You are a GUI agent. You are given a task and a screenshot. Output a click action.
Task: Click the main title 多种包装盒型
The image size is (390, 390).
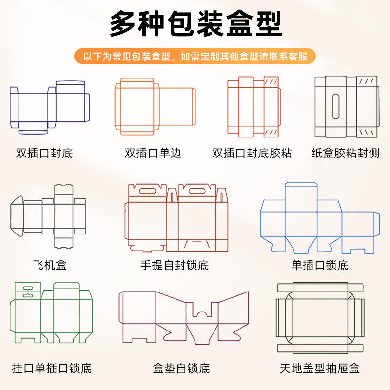[x=196, y=23]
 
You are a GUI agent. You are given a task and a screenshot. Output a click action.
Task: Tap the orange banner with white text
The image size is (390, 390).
[x=195, y=56]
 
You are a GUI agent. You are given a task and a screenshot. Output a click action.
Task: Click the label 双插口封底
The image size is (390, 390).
[x=44, y=153]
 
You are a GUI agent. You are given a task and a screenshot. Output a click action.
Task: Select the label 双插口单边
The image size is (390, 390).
[x=153, y=153]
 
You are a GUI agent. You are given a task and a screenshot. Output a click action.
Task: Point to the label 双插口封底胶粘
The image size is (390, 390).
[x=252, y=153]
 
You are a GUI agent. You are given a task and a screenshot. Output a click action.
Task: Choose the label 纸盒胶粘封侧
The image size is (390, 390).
[x=345, y=153]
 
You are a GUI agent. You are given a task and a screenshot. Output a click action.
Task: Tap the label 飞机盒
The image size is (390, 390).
[x=50, y=265]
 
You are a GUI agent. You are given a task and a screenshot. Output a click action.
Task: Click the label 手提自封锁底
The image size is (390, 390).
[x=175, y=265]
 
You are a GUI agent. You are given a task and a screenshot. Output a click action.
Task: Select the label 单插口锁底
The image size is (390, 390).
[x=320, y=265]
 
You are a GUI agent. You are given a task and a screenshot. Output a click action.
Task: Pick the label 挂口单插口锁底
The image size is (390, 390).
[x=52, y=369]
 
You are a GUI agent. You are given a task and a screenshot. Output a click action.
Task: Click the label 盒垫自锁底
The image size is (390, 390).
[x=181, y=369]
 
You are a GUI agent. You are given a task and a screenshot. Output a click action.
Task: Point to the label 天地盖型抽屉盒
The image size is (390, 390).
[x=320, y=369]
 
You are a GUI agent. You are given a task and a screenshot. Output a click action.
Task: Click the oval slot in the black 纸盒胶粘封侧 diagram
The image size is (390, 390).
[x=336, y=106]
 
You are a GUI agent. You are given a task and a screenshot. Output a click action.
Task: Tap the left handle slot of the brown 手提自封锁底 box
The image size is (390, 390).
[x=148, y=191]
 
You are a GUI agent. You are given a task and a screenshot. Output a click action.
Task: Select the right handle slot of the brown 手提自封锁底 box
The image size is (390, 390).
[x=197, y=191]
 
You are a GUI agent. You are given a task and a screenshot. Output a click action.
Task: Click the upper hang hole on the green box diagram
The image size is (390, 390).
[x=28, y=288]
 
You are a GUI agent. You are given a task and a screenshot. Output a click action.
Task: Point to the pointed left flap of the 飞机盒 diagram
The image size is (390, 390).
[x=17, y=216]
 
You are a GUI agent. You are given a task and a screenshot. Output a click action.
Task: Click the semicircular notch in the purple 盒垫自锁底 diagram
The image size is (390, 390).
[x=202, y=314]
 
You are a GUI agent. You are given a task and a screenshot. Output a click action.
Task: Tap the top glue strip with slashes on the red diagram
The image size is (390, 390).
[x=271, y=82]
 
